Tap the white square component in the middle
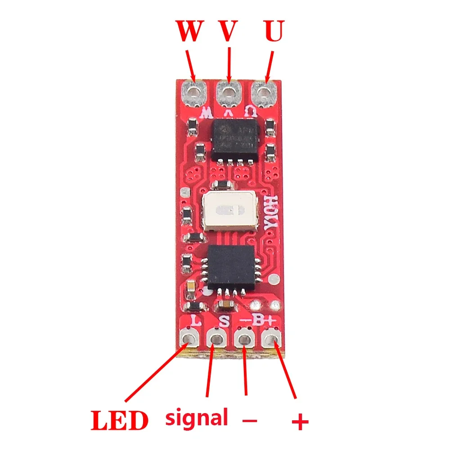(229, 210)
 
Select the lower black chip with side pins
(230, 266)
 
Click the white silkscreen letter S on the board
(224, 321)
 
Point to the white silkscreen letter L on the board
(196, 321)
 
